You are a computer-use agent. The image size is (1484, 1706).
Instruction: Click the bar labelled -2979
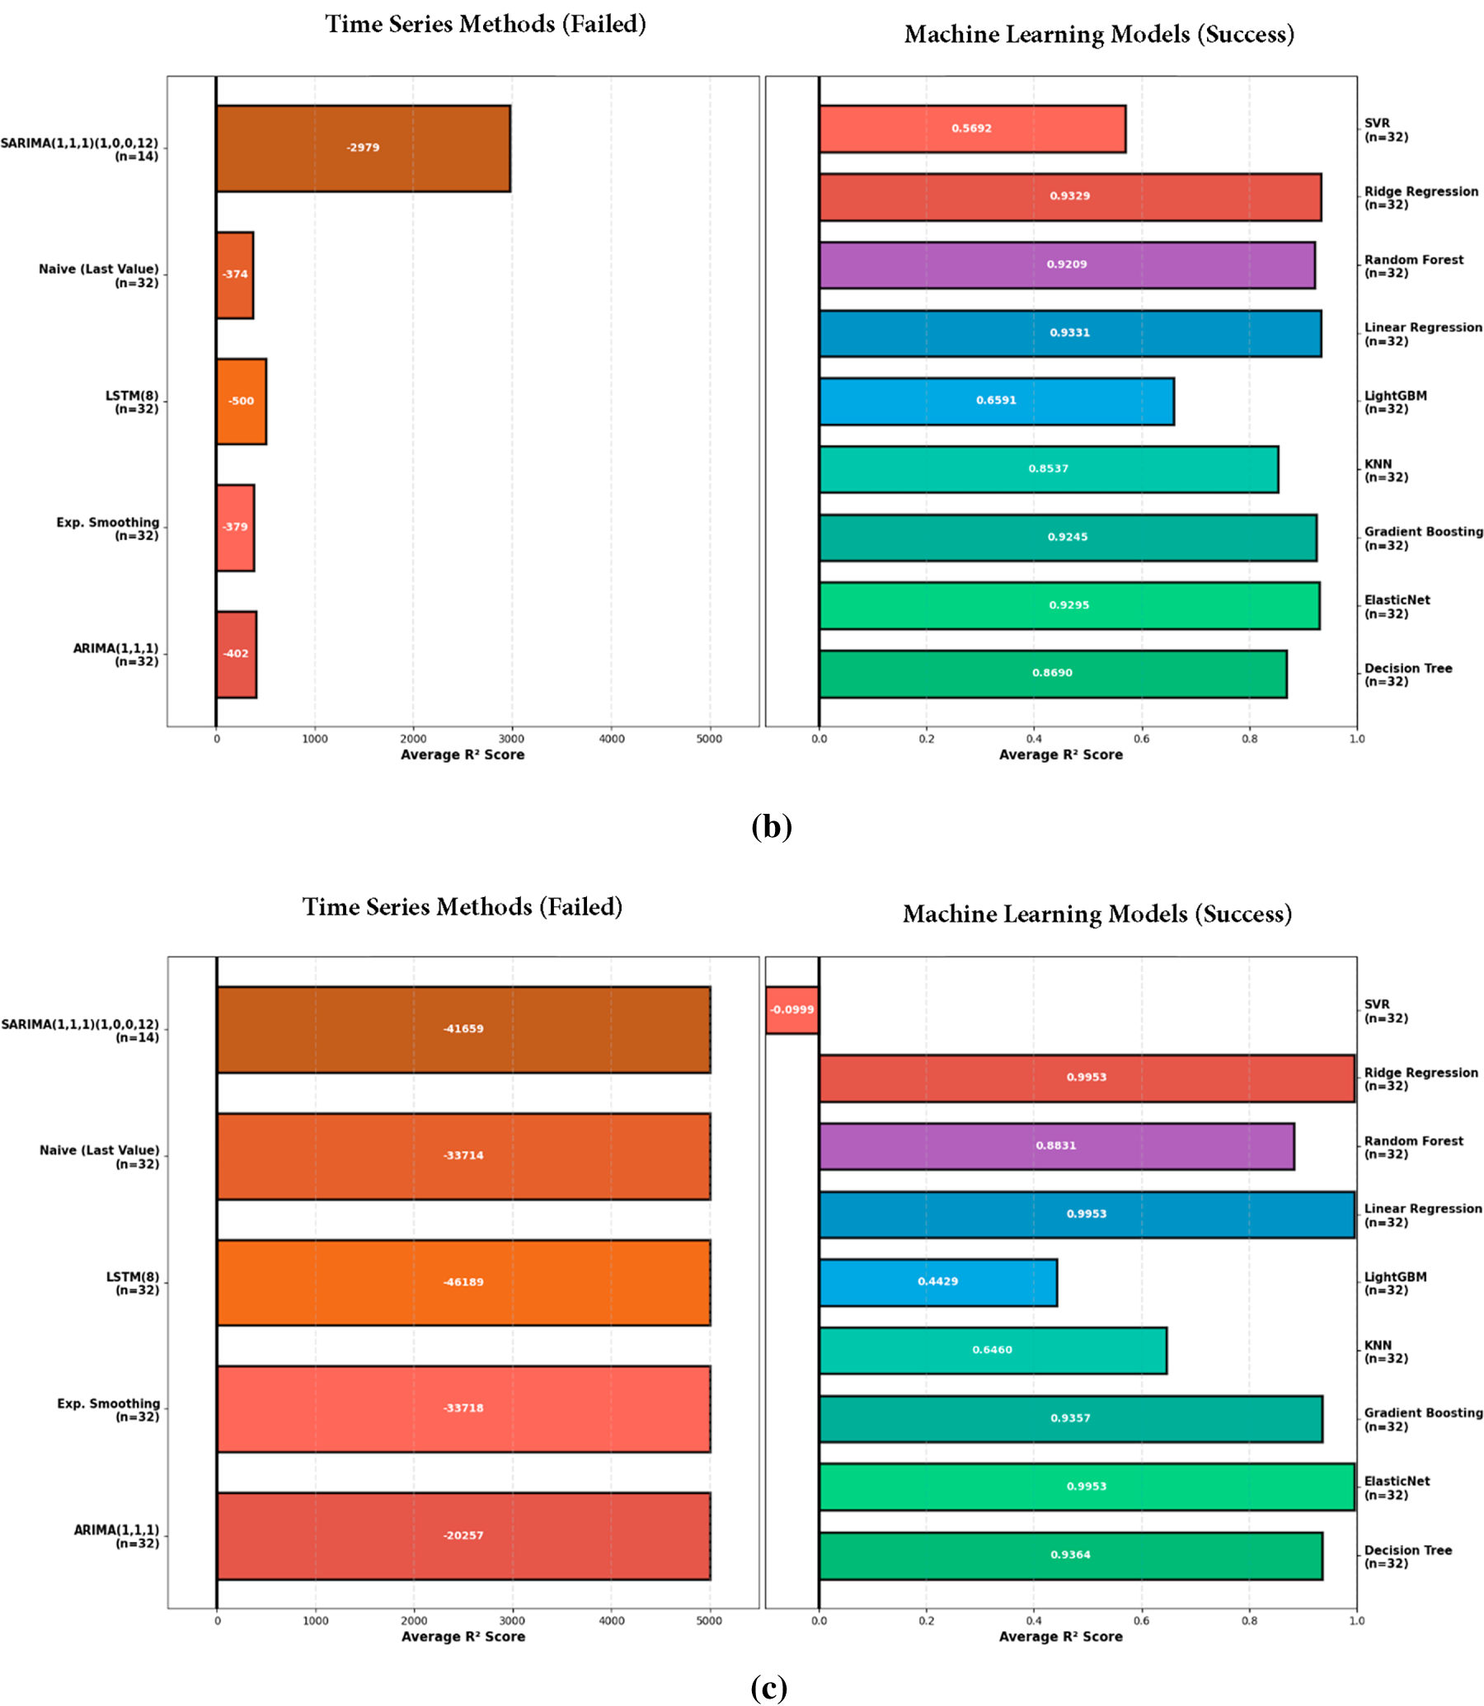pos(363,148)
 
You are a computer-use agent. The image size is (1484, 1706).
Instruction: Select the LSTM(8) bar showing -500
pos(241,401)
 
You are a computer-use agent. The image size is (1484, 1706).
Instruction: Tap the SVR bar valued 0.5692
pos(971,129)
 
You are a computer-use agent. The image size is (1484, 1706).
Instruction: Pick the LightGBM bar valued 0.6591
pos(995,401)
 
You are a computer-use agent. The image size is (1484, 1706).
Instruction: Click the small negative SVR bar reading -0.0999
pos(791,1009)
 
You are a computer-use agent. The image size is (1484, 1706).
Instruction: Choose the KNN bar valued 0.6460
pos(992,1350)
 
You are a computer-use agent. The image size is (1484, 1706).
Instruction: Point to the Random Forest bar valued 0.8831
pos(1056,1145)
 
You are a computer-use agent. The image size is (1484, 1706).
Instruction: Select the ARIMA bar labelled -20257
pos(463,1535)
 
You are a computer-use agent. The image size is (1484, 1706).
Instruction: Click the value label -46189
pos(463,1282)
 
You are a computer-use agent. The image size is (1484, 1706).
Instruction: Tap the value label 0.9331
pos(1070,333)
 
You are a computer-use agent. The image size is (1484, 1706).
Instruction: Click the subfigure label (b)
pos(771,825)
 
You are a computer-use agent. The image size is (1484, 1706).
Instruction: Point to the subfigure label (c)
pos(768,1687)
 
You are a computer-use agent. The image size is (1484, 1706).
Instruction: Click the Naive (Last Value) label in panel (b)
pos(99,269)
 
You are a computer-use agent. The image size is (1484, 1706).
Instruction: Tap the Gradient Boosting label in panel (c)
pos(1423,1412)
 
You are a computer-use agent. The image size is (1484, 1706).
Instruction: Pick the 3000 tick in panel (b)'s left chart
pos(512,739)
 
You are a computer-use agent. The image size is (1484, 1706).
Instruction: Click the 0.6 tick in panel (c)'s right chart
pos(1141,1621)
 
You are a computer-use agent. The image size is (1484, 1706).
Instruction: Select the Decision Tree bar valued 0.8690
pos(1052,674)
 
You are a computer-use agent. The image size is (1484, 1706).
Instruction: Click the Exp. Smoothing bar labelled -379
pos(235,528)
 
